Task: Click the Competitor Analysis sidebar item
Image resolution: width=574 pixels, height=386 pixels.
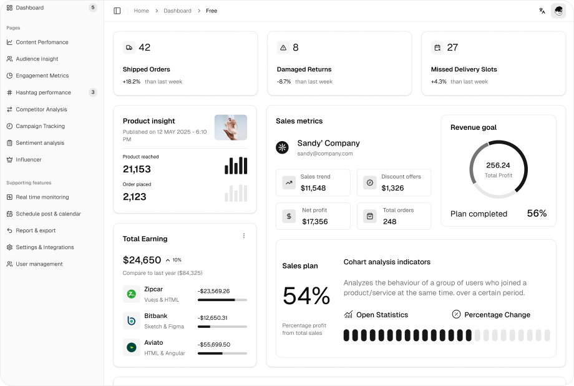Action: coord(41,109)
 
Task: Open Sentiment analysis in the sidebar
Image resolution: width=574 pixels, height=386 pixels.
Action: coord(40,143)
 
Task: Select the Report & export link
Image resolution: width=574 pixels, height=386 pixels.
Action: coord(36,230)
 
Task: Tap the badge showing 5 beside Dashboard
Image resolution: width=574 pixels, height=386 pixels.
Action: coord(93,7)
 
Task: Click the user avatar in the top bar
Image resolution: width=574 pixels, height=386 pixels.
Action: coord(558,11)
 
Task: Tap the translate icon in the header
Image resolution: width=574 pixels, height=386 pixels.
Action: coord(542,11)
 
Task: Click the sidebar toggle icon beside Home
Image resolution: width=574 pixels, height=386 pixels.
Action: coord(117,11)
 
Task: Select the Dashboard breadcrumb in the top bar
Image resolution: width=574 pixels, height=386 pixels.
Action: coord(177,11)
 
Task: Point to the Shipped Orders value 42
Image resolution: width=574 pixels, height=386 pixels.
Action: coord(144,47)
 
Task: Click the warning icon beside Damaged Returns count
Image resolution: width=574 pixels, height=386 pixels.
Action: coord(283,47)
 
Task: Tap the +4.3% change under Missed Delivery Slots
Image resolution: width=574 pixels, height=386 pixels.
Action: coord(439,82)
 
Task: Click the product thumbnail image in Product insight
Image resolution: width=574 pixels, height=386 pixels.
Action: coord(231,127)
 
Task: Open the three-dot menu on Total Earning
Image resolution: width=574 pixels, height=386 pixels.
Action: coord(244,236)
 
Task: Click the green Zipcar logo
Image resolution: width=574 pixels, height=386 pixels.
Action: coord(132,294)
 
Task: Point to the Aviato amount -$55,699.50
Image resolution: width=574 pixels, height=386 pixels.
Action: coord(214,344)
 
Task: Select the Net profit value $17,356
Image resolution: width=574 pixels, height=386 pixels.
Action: coord(314,221)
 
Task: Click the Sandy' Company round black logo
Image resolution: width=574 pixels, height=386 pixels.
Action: coord(283,147)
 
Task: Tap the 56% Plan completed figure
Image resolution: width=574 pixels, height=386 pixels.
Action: coord(537,214)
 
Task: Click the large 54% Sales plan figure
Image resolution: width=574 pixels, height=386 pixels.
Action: coord(306,295)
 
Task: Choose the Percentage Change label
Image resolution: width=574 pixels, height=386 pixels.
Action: coord(497,315)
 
